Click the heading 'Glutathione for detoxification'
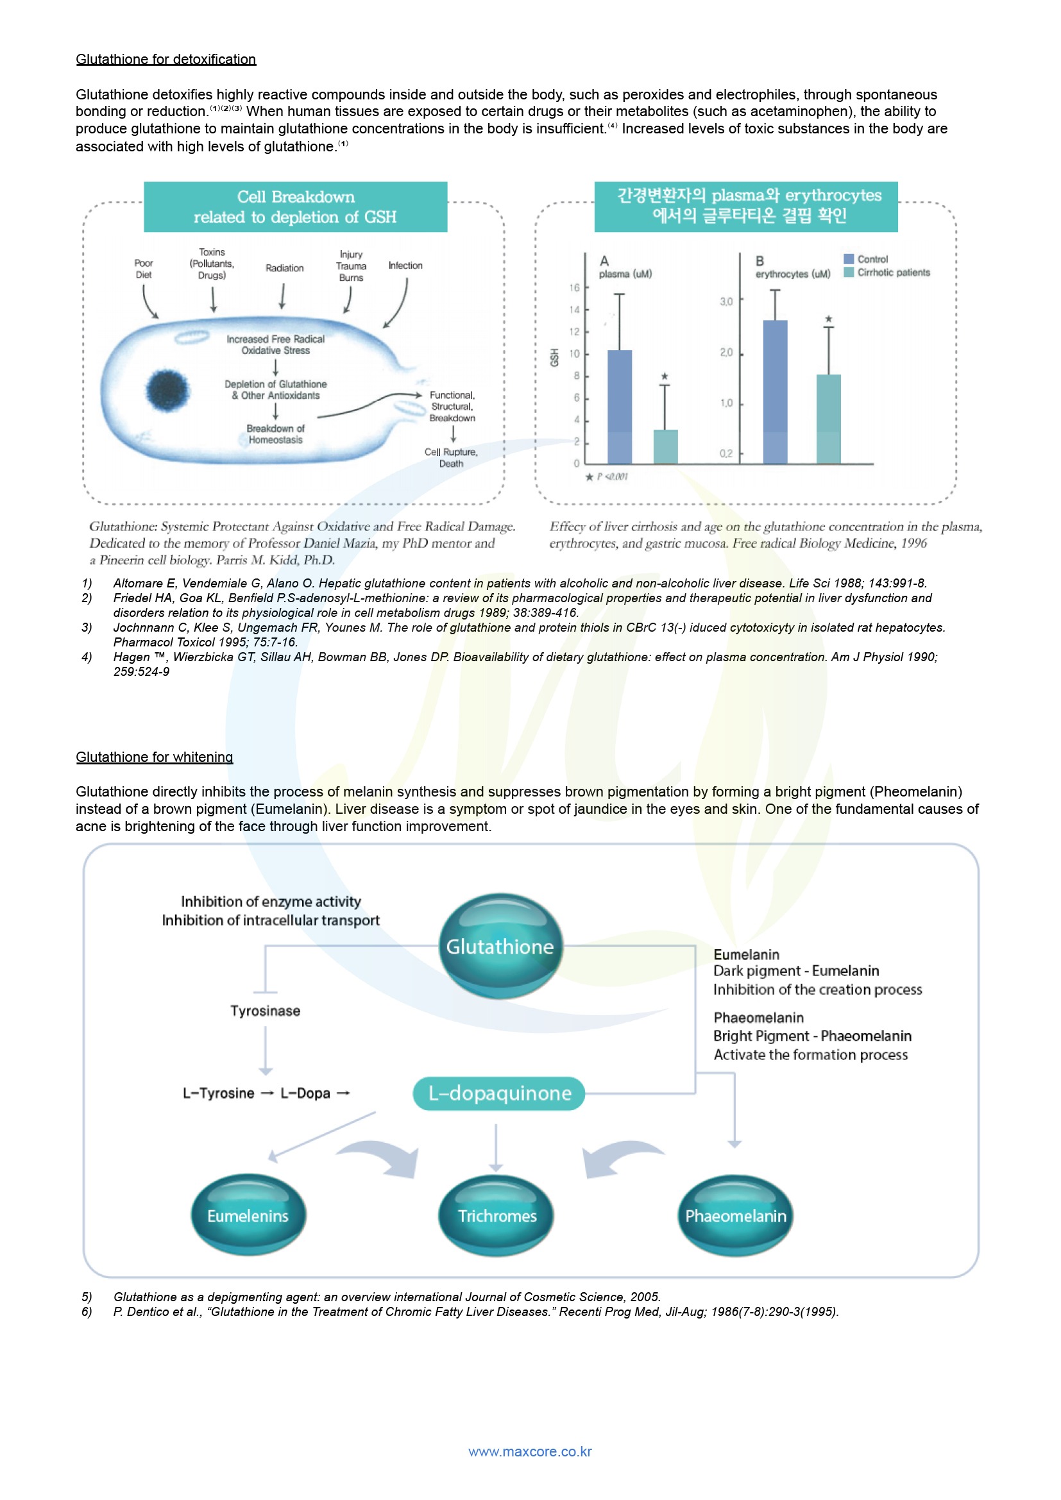(x=166, y=60)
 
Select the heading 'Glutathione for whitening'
(x=154, y=757)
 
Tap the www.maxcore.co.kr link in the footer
(x=530, y=1451)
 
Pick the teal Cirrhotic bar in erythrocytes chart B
(x=828, y=419)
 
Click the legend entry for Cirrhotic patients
(x=892, y=273)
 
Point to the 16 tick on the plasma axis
(x=574, y=287)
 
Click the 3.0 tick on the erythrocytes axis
(x=727, y=301)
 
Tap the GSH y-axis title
(x=555, y=357)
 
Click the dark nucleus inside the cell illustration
(x=168, y=390)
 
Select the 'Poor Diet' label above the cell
(x=144, y=269)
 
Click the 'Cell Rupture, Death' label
(x=451, y=457)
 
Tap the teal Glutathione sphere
(x=500, y=946)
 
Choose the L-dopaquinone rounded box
(x=499, y=1093)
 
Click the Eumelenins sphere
(x=248, y=1215)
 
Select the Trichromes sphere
(x=497, y=1215)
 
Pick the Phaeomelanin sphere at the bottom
(x=736, y=1215)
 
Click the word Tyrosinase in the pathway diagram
(x=266, y=1011)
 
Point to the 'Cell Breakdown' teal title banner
(x=295, y=207)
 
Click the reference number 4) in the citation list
(x=87, y=657)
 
